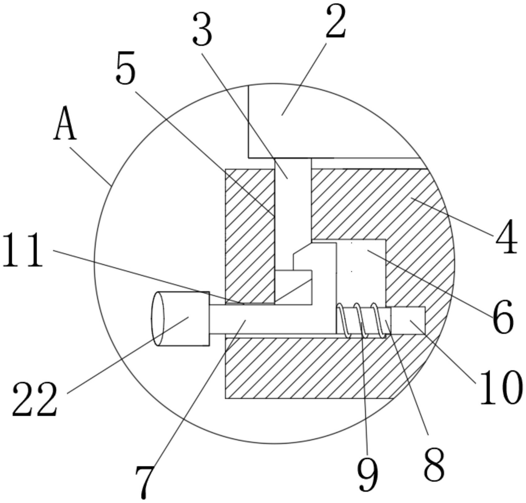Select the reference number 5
[x=126, y=67]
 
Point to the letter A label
[x=65, y=123]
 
